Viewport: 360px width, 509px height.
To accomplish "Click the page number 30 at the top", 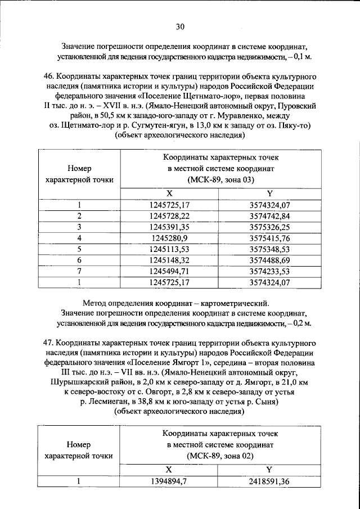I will tap(180, 26).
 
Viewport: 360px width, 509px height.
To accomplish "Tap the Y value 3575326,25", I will tap(269, 227).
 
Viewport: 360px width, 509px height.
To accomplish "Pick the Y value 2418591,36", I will tap(269, 481).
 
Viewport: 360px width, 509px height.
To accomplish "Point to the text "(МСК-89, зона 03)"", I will tap(220, 179).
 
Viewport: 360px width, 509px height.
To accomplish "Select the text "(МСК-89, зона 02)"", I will tap(220, 455).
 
